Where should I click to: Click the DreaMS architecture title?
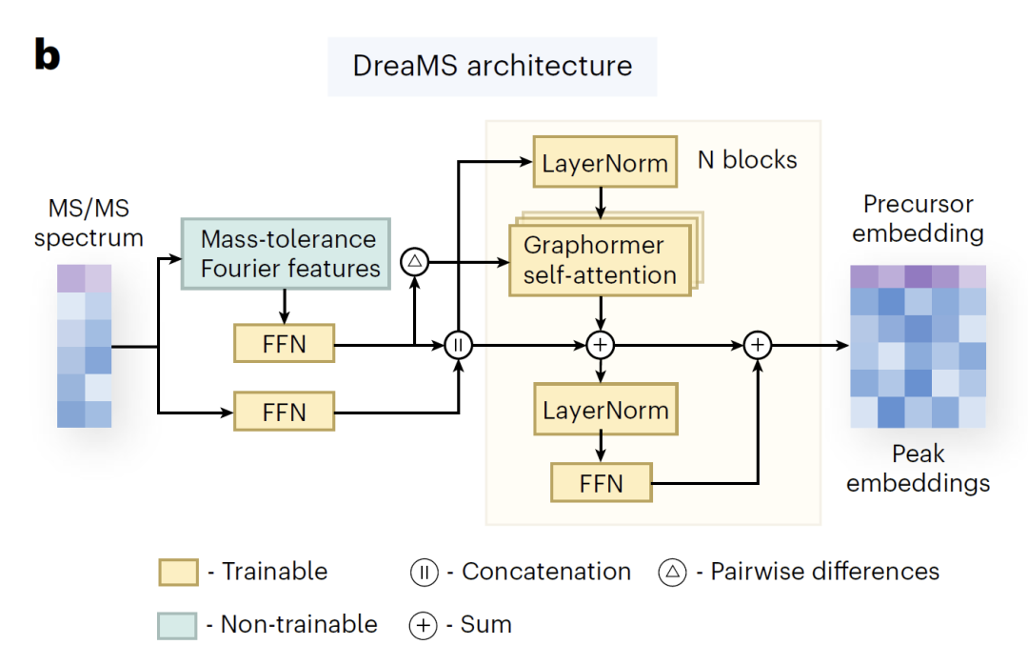pyautogui.click(x=492, y=67)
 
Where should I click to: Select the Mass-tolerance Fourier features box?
pyautogui.click(x=286, y=254)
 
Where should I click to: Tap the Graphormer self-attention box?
pyautogui.click(x=600, y=260)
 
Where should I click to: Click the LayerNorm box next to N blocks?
pyautogui.click(x=605, y=162)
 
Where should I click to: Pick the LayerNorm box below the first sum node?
pyautogui.click(x=605, y=410)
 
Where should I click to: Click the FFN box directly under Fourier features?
pyautogui.click(x=284, y=343)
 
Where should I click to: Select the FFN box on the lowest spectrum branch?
pyautogui.click(x=284, y=412)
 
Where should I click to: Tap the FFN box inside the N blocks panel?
pyautogui.click(x=602, y=482)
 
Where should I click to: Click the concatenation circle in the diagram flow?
pyautogui.click(x=458, y=345)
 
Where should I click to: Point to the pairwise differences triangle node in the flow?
pyautogui.click(x=414, y=262)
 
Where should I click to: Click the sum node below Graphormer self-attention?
pyautogui.click(x=600, y=345)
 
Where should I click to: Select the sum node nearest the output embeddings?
pyautogui.click(x=758, y=345)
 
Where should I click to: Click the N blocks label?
pyautogui.click(x=747, y=159)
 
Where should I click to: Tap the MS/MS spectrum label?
pyautogui.click(x=89, y=223)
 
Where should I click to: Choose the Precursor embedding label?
pyautogui.click(x=918, y=218)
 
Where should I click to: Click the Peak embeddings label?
pyautogui.click(x=918, y=468)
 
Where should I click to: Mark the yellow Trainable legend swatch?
pyautogui.click(x=178, y=572)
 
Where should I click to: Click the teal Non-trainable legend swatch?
pyautogui.click(x=177, y=626)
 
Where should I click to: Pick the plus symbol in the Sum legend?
pyautogui.click(x=424, y=625)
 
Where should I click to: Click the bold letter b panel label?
pyautogui.click(x=48, y=54)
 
